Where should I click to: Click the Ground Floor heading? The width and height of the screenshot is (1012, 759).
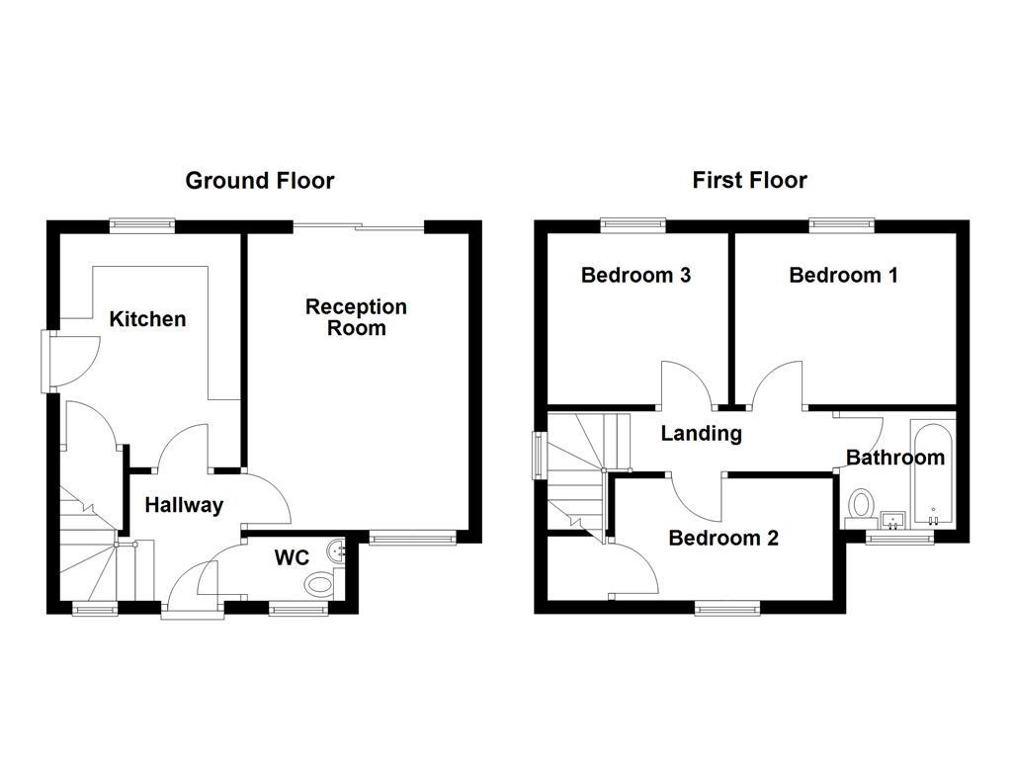(260, 181)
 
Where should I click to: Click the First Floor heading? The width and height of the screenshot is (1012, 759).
(749, 181)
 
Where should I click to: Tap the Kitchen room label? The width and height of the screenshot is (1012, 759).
(147, 319)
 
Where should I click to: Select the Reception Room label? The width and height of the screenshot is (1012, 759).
(356, 317)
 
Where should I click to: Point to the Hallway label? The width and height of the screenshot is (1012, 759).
(184, 506)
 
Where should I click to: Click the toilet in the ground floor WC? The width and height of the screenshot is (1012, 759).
(319, 584)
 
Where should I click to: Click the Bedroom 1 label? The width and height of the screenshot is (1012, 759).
(843, 276)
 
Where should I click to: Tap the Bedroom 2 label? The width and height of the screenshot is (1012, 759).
(723, 539)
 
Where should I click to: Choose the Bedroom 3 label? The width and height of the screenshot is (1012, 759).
(635, 276)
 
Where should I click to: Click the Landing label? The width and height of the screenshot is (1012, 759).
(701, 433)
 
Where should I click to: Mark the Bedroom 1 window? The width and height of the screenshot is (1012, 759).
(842, 225)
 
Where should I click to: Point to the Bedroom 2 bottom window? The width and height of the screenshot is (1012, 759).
(727, 606)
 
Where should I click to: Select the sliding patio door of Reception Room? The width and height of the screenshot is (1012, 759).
(359, 227)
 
